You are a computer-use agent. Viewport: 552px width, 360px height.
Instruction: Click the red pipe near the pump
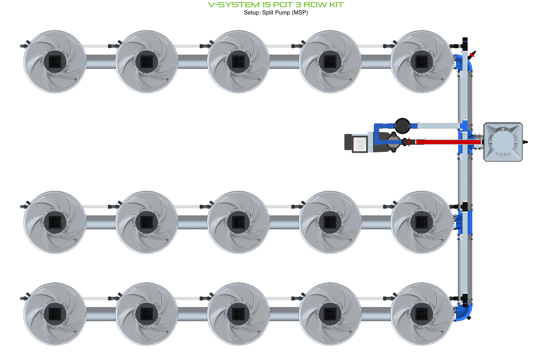click(x=447, y=142)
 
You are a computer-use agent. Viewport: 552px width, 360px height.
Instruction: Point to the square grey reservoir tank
click(x=503, y=142)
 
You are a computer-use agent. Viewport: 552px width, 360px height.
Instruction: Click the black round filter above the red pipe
click(x=402, y=126)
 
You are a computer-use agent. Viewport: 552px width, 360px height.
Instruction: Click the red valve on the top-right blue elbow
click(x=472, y=55)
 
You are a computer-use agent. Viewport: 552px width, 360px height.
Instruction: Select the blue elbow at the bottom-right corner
click(x=464, y=312)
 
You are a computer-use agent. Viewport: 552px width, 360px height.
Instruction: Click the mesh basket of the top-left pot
click(x=55, y=61)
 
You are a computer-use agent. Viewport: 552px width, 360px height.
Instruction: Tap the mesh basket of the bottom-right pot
click(x=422, y=314)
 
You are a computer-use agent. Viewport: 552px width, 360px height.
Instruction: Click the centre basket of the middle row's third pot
click(x=238, y=222)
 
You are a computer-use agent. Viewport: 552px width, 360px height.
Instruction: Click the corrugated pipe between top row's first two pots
click(x=101, y=62)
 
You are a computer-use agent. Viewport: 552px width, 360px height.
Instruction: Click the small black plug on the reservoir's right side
click(x=525, y=142)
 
